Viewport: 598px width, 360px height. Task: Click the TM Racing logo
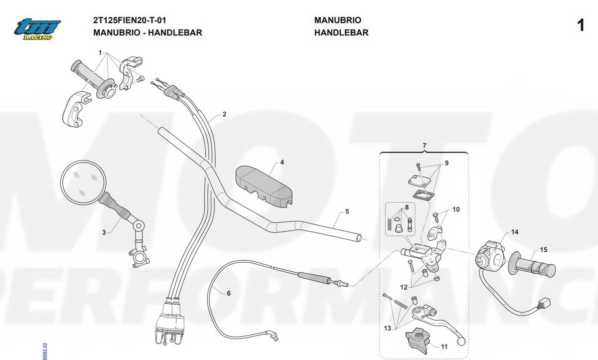pyautogui.click(x=37, y=29)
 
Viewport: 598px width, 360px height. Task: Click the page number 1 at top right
pyautogui.click(x=581, y=26)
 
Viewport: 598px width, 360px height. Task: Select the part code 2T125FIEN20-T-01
pyautogui.click(x=130, y=20)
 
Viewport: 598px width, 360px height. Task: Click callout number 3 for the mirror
pyautogui.click(x=104, y=232)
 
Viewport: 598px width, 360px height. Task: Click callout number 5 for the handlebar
pyautogui.click(x=347, y=211)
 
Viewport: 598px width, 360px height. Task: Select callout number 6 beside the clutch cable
pyautogui.click(x=229, y=293)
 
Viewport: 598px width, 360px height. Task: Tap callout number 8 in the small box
pyautogui.click(x=407, y=207)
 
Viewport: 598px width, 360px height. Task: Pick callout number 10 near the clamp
pyautogui.click(x=456, y=209)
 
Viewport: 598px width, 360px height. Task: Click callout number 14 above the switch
pyautogui.click(x=514, y=232)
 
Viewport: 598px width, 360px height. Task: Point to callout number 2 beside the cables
pyautogui.click(x=224, y=114)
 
